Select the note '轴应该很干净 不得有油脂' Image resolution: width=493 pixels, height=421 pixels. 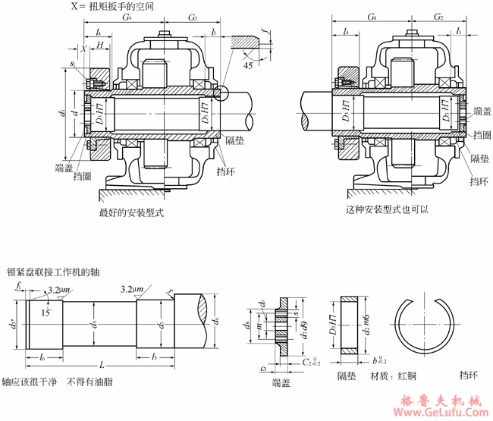tap(57, 383)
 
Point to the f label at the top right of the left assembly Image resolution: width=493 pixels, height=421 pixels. tap(263, 31)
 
